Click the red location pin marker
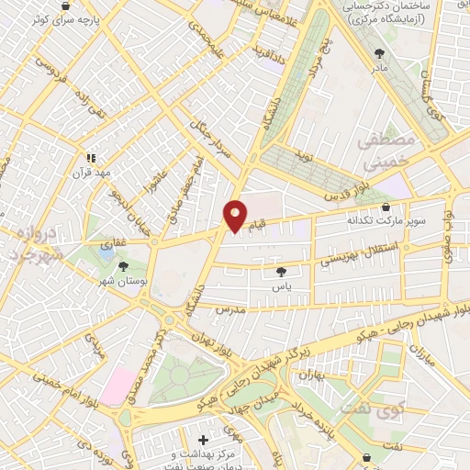click(x=235, y=216)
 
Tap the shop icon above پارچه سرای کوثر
click(x=65, y=6)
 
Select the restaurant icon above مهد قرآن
click(x=91, y=157)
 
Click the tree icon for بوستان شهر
click(x=124, y=266)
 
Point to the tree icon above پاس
click(x=281, y=272)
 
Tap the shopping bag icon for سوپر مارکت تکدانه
click(x=384, y=206)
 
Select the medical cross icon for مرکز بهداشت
click(x=203, y=441)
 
